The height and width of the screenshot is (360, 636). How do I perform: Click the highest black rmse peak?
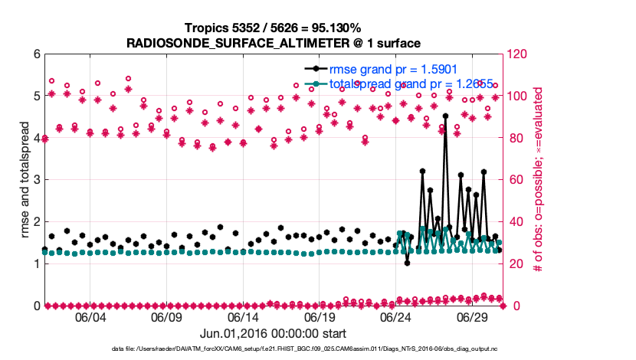(445, 116)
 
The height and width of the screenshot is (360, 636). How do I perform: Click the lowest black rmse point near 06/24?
(407, 263)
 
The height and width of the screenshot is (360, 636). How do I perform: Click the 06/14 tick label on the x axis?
(244, 318)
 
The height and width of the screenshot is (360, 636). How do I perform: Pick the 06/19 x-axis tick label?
(320, 318)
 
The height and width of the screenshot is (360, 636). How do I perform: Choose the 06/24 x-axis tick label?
(397, 318)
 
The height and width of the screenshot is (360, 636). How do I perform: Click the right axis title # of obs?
(539, 180)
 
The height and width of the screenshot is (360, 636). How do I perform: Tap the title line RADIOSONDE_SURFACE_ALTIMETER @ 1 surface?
(274, 42)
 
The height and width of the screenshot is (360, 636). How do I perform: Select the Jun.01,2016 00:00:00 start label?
(274, 333)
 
